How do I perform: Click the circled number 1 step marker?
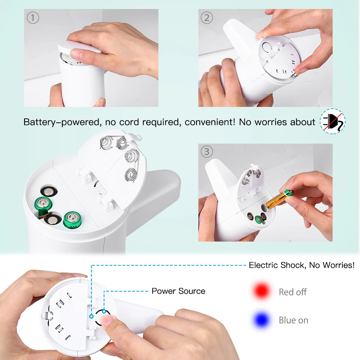point(33,18)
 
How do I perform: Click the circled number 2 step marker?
point(207,18)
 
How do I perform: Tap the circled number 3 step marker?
point(207,152)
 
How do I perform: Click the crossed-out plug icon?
point(333,121)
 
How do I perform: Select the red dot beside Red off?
point(261,291)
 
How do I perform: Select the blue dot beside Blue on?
point(261,320)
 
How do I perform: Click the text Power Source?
point(179,291)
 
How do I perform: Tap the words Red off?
point(293,292)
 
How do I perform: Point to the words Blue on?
point(293,320)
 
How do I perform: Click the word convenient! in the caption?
point(210,122)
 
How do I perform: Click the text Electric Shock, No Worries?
point(302,265)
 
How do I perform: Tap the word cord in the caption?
point(129,122)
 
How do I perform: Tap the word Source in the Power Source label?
point(192,291)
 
